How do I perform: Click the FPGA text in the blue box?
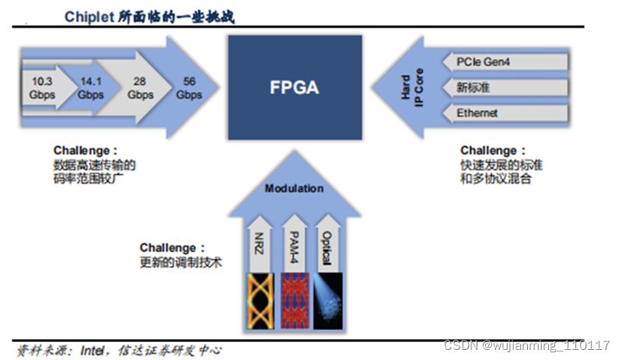coord(294,86)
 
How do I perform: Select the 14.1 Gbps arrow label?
coord(90,87)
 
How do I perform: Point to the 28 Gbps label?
coord(141,88)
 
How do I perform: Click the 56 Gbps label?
coord(189,88)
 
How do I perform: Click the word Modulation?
coord(294,188)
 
